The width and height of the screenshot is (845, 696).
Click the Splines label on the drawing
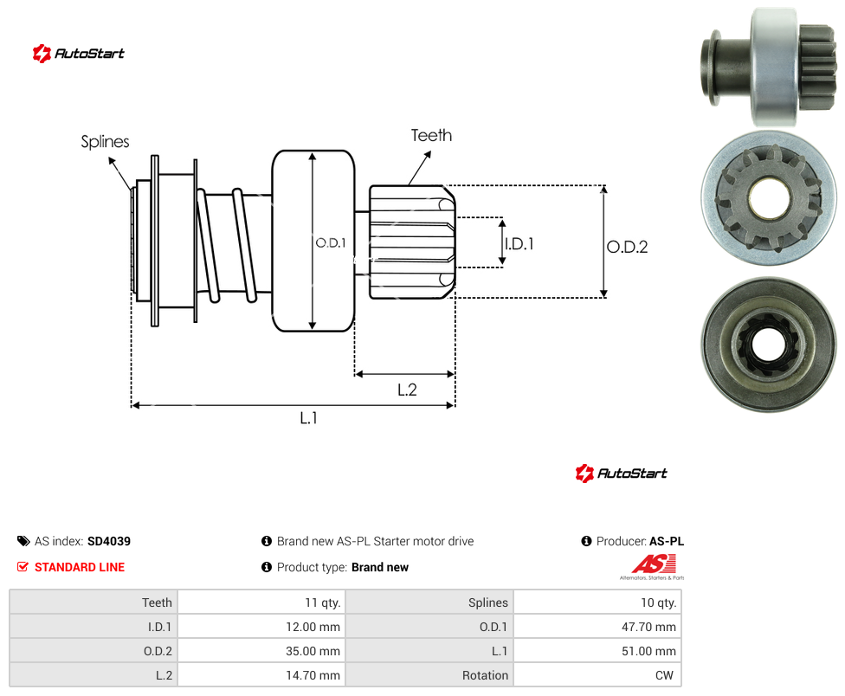tap(105, 142)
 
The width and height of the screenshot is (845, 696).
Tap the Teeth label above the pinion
tap(431, 135)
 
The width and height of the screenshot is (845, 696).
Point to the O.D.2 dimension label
tap(628, 248)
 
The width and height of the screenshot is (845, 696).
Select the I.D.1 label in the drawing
tap(519, 244)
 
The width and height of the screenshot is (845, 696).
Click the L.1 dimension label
tap(309, 418)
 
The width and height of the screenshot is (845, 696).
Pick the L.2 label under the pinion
tap(407, 390)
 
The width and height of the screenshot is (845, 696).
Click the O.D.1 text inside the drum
tap(331, 243)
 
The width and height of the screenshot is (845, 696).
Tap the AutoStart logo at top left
tap(78, 54)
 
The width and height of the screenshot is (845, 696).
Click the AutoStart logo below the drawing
tap(621, 474)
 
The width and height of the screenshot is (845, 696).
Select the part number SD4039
tap(109, 541)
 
